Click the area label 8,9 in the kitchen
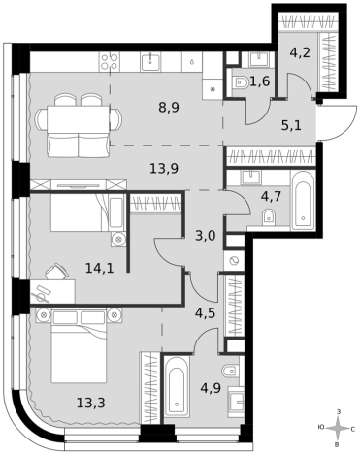(x=169, y=107)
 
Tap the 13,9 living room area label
(x=164, y=169)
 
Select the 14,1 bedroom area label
(x=100, y=268)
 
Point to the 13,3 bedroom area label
(x=91, y=403)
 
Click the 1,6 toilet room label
(x=260, y=81)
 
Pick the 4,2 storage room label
(x=300, y=52)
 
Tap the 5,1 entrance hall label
(x=291, y=125)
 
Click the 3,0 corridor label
(x=205, y=236)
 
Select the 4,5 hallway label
(x=205, y=313)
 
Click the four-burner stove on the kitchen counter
(x=109, y=61)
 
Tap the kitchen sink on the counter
(x=150, y=61)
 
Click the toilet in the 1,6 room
(x=240, y=82)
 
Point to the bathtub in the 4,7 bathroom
(x=303, y=201)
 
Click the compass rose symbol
(x=338, y=429)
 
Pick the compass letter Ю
(x=321, y=428)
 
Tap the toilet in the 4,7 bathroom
(x=270, y=216)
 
